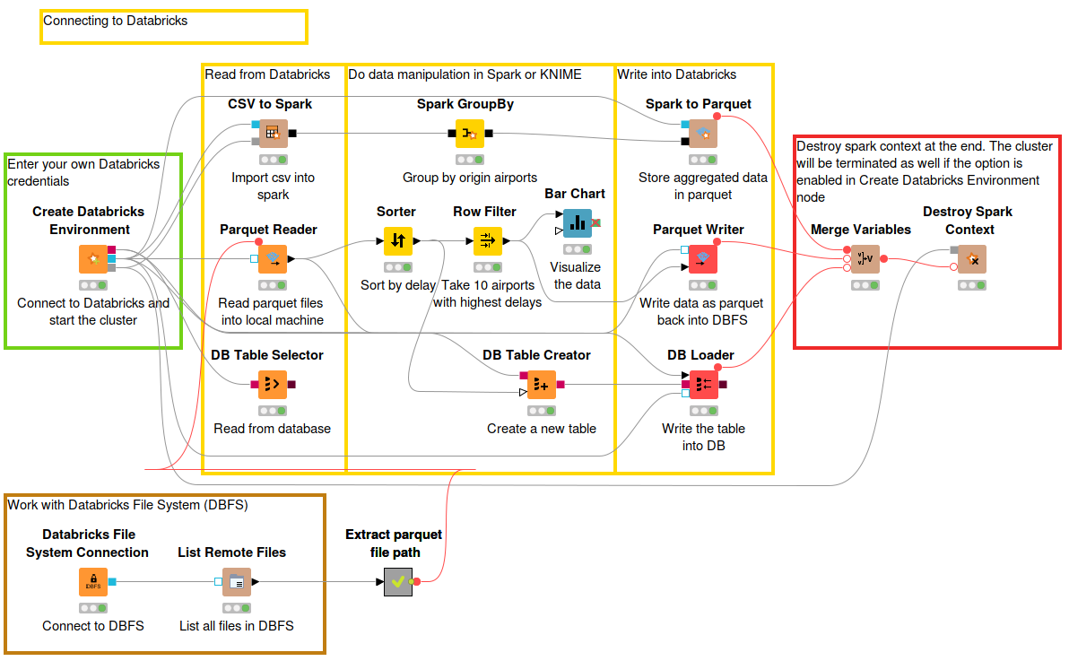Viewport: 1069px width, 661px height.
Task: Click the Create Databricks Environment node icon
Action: (x=93, y=259)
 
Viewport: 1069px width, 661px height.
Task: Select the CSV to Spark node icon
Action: (x=274, y=134)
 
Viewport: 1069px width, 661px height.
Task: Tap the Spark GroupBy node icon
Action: (x=470, y=134)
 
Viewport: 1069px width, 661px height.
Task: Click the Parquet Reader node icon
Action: (x=273, y=259)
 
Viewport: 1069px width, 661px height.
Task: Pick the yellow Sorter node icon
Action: (x=398, y=240)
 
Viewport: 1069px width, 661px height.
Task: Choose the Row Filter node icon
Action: (x=488, y=240)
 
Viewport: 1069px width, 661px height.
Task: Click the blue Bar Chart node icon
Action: (x=578, y=223)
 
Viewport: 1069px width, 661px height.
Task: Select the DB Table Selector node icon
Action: (x=273, y=385)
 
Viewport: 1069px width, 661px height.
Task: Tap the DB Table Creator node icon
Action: (x=542, y=385)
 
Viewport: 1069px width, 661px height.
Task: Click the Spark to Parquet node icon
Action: (x=703, y=134)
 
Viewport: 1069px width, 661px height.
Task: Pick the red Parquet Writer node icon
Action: (x=703, y=259)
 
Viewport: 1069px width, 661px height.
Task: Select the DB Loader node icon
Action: (x=704, y=385)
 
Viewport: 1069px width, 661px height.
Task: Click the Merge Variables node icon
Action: (x=865, y=259)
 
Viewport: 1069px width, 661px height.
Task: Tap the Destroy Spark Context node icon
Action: (x=972, y=259)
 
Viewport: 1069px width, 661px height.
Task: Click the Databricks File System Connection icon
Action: (x=93, y=582)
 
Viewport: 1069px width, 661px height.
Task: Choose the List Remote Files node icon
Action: (x=237, y=582)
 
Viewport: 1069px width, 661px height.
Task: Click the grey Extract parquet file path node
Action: (x=398, y=582)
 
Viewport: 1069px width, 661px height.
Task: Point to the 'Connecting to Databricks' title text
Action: (x=115, y=21)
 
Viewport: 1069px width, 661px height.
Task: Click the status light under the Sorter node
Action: (x=398, y=267)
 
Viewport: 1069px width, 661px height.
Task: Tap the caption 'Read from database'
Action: (x=272, y=429)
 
